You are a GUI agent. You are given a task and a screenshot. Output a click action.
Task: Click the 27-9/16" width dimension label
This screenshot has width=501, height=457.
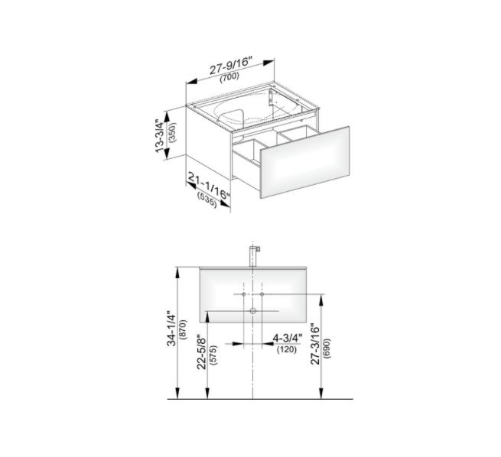(231, 66)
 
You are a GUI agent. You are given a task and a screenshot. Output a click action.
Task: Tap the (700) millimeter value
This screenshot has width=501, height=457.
(229, 77)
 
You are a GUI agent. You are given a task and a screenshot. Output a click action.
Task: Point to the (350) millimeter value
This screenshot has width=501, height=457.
(173, 132)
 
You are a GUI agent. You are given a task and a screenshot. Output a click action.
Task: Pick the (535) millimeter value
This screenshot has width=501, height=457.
(207, 200)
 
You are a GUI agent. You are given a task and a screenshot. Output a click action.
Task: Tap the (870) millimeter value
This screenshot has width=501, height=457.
(184, 329)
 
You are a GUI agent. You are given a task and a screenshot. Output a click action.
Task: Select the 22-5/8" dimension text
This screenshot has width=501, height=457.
(202, 352)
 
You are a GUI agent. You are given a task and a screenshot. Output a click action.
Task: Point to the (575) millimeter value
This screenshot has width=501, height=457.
(213, 355)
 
